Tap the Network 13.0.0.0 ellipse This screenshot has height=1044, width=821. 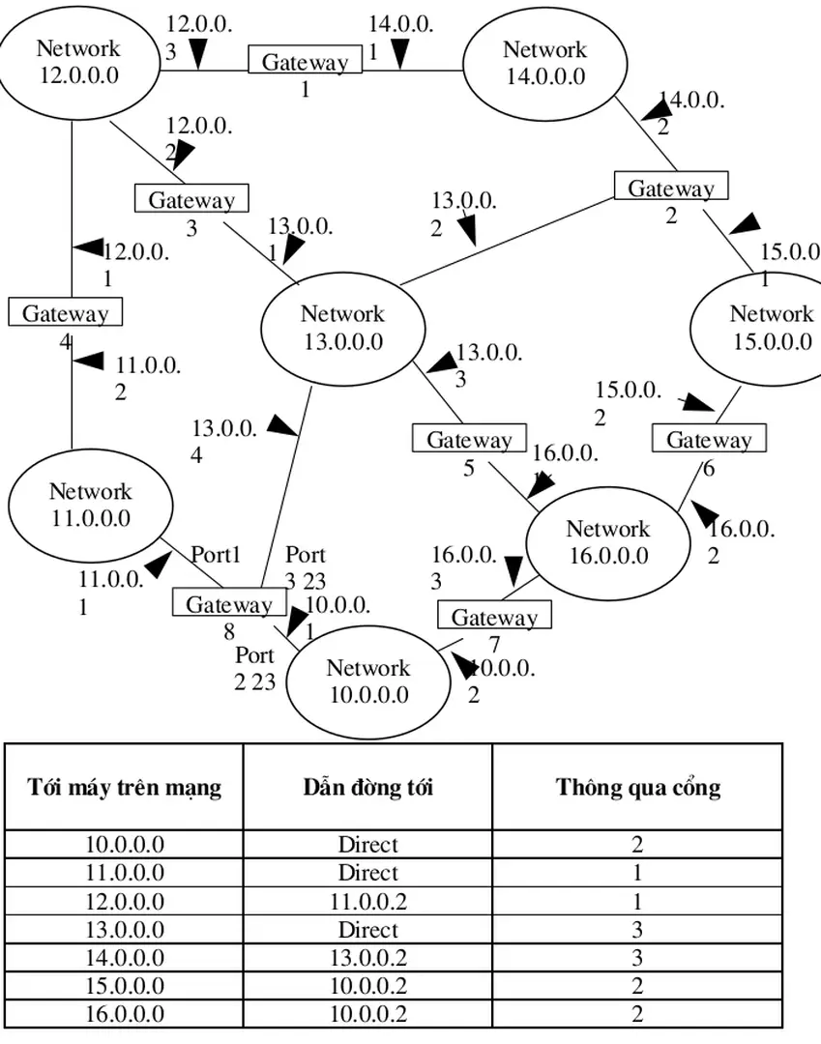342,328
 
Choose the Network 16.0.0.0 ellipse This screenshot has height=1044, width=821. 607,542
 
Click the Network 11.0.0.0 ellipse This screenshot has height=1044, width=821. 91,505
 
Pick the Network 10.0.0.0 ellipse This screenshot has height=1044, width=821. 367,681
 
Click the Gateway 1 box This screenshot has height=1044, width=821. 305,62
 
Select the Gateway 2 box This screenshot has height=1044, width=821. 670,188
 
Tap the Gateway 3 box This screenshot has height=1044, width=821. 191,199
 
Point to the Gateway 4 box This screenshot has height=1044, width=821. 65,313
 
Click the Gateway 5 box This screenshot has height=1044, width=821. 469,440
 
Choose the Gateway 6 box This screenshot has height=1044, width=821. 708,440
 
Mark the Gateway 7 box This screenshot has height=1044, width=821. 493,617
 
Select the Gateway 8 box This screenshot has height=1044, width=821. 228,604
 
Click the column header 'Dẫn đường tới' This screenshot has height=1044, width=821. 367,787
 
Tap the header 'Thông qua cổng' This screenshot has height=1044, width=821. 637,787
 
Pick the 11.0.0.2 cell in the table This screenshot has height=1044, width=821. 367,901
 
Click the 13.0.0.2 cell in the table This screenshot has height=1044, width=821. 367,958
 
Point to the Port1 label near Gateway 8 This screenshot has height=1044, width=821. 215,555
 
